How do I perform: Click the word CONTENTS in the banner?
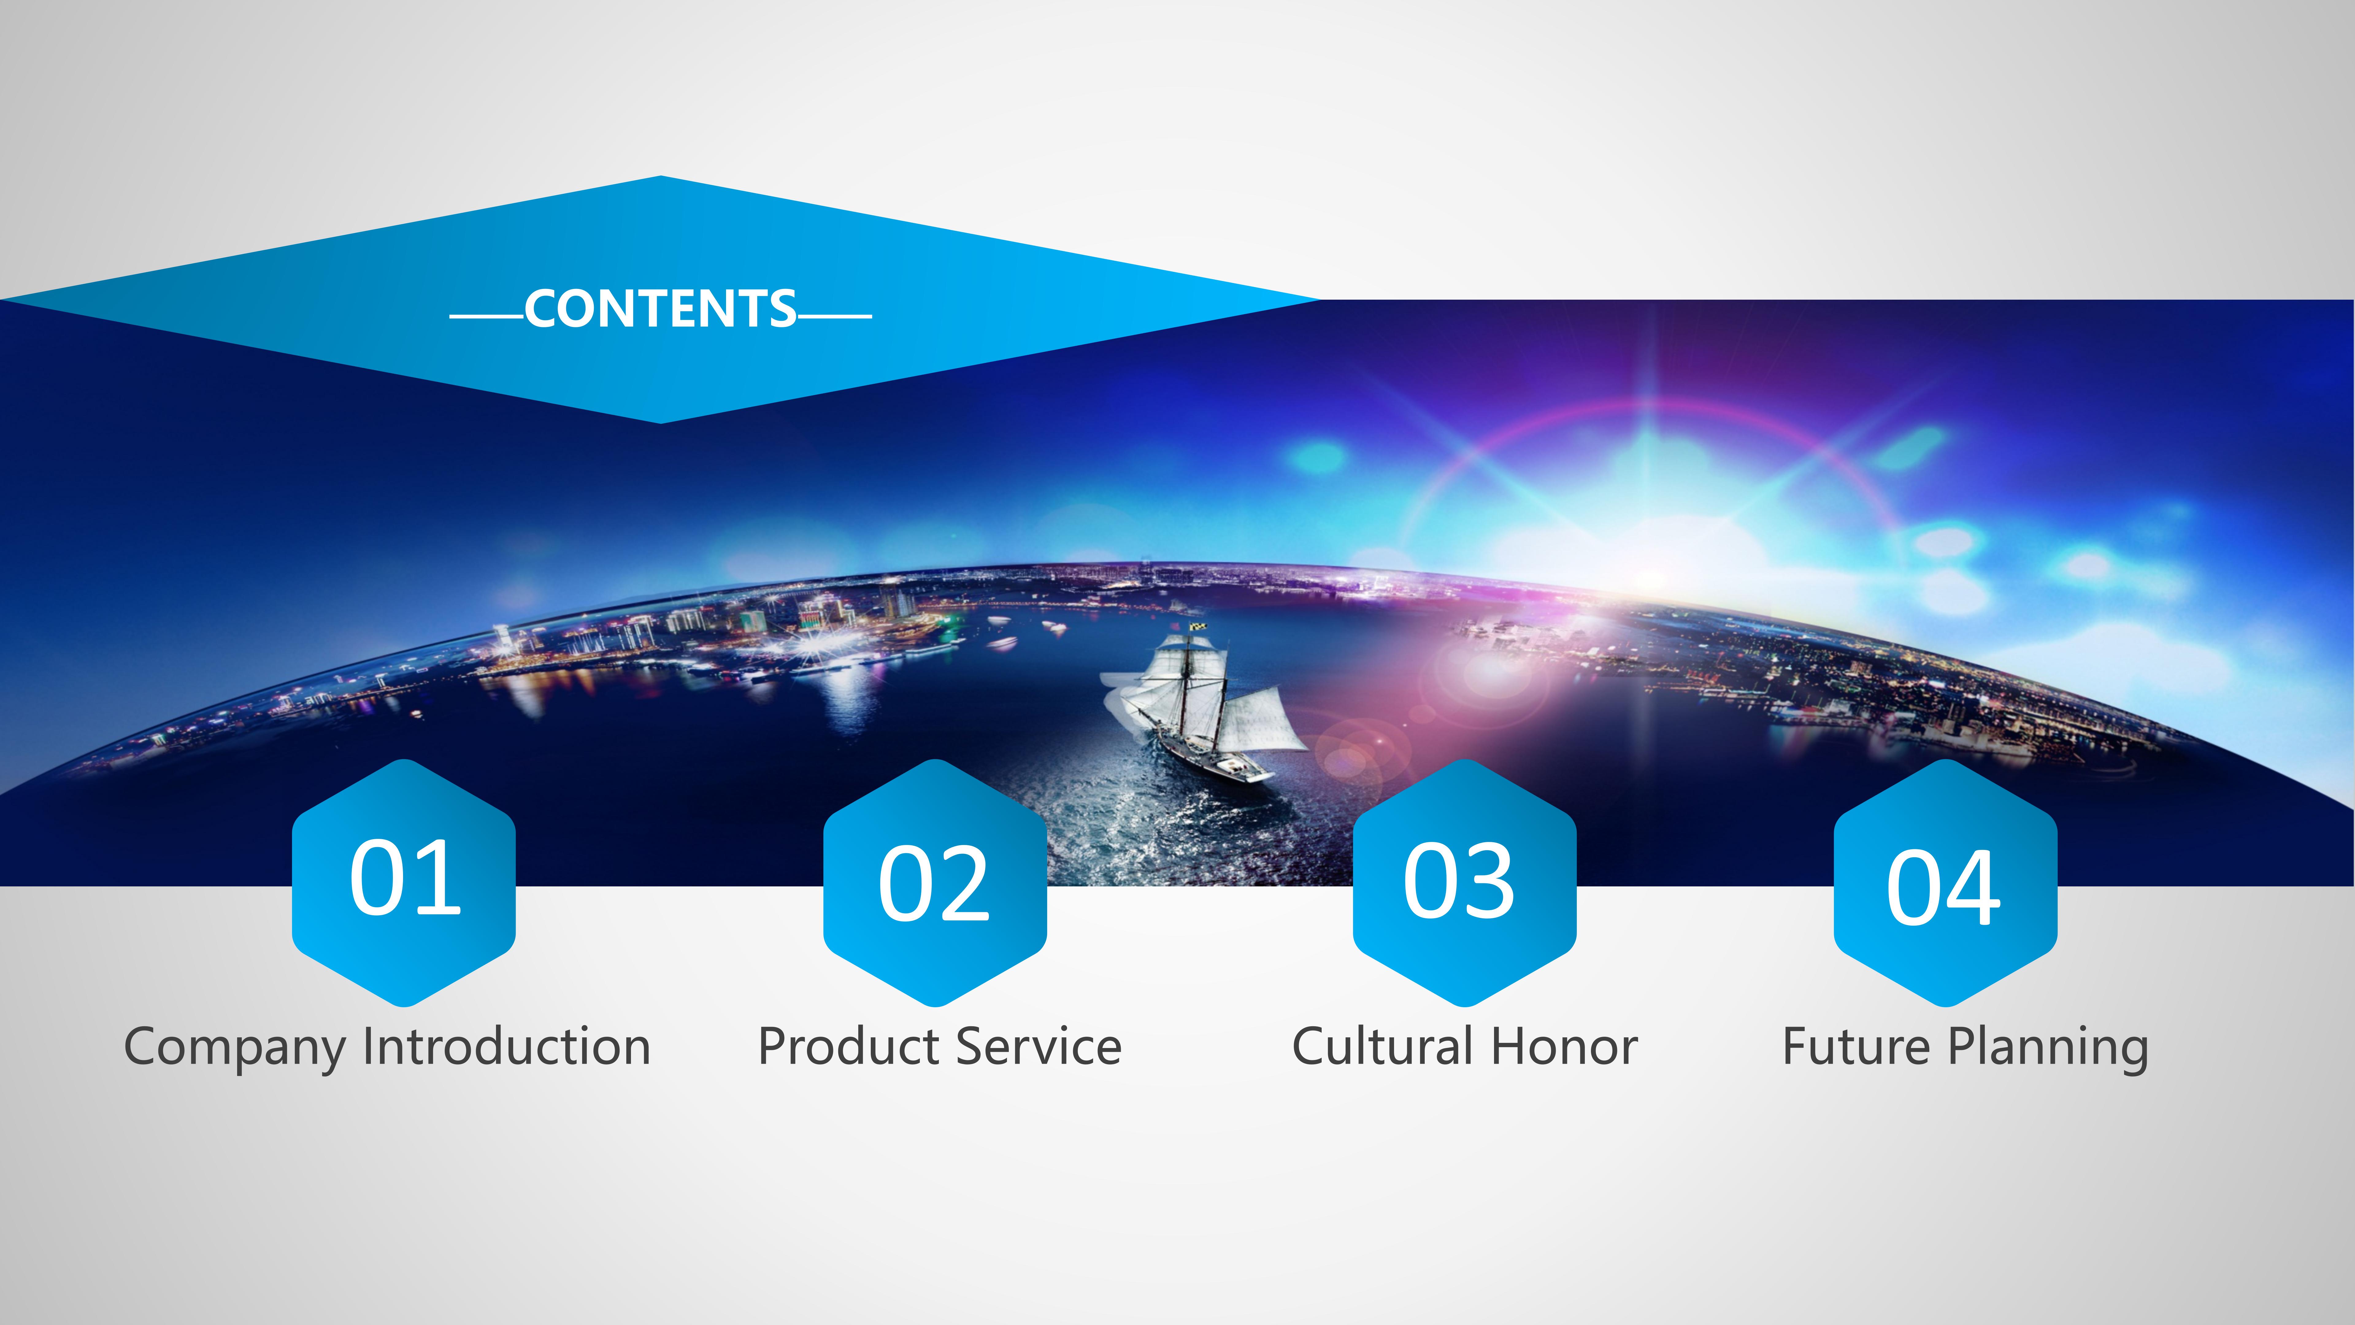tap(660, 309)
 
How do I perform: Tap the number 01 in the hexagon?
tap(405, 878)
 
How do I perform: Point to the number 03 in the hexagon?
tap(1459, 881)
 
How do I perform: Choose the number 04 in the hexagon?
tap(1944, 887)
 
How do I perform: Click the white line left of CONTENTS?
tap(486, 317)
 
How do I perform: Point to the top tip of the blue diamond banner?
tap(660, 175)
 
